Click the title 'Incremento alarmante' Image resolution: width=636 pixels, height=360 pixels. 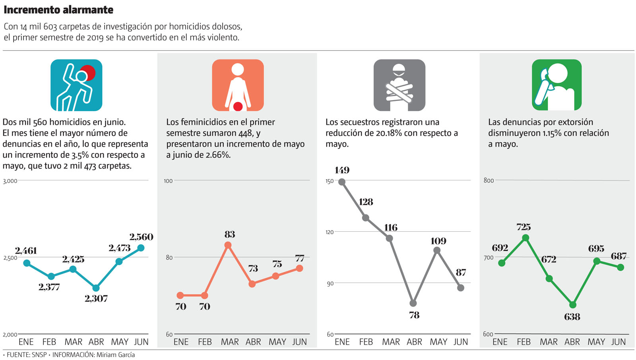[58, 10]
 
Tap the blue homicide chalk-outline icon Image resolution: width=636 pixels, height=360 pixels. [76, 85]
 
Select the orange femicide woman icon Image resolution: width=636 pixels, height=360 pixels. [238, 85]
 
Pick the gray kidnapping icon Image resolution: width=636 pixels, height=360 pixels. [399, 85]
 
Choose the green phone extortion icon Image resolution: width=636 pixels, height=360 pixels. [556, 85]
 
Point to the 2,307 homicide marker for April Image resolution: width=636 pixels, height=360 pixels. [96, 288]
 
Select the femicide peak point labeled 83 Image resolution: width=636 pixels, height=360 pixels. [228, 245]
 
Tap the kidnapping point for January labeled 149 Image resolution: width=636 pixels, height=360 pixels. [342, 182]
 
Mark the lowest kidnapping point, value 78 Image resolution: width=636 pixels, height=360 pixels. [413, 303]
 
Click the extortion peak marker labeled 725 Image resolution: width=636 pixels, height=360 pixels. [525, 238]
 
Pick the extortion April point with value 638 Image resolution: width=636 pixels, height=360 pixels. [573, 305]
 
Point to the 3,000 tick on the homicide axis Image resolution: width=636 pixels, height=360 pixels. [10, 181]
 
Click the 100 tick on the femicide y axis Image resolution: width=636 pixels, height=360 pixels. [168, 181]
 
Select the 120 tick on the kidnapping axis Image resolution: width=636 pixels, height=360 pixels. [330, 232]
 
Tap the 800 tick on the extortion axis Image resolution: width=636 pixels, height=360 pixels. [489, 180]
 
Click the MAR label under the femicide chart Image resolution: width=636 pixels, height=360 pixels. [230, 342]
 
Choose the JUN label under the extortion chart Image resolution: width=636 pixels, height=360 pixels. [619, 342]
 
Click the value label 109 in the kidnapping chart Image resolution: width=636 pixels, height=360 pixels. [438, 241]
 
